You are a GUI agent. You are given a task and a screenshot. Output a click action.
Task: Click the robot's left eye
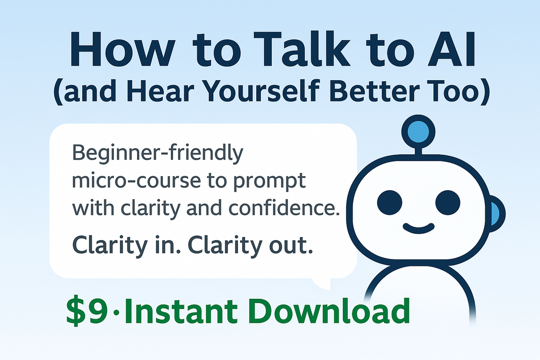(x=390, y=203)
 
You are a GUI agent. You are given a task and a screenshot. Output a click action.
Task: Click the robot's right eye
(x=448, y=203)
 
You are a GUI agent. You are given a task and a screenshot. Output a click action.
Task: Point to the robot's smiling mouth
(x=419, y=228)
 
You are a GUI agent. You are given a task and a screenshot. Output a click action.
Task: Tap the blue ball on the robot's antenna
(x=419, y=132)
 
